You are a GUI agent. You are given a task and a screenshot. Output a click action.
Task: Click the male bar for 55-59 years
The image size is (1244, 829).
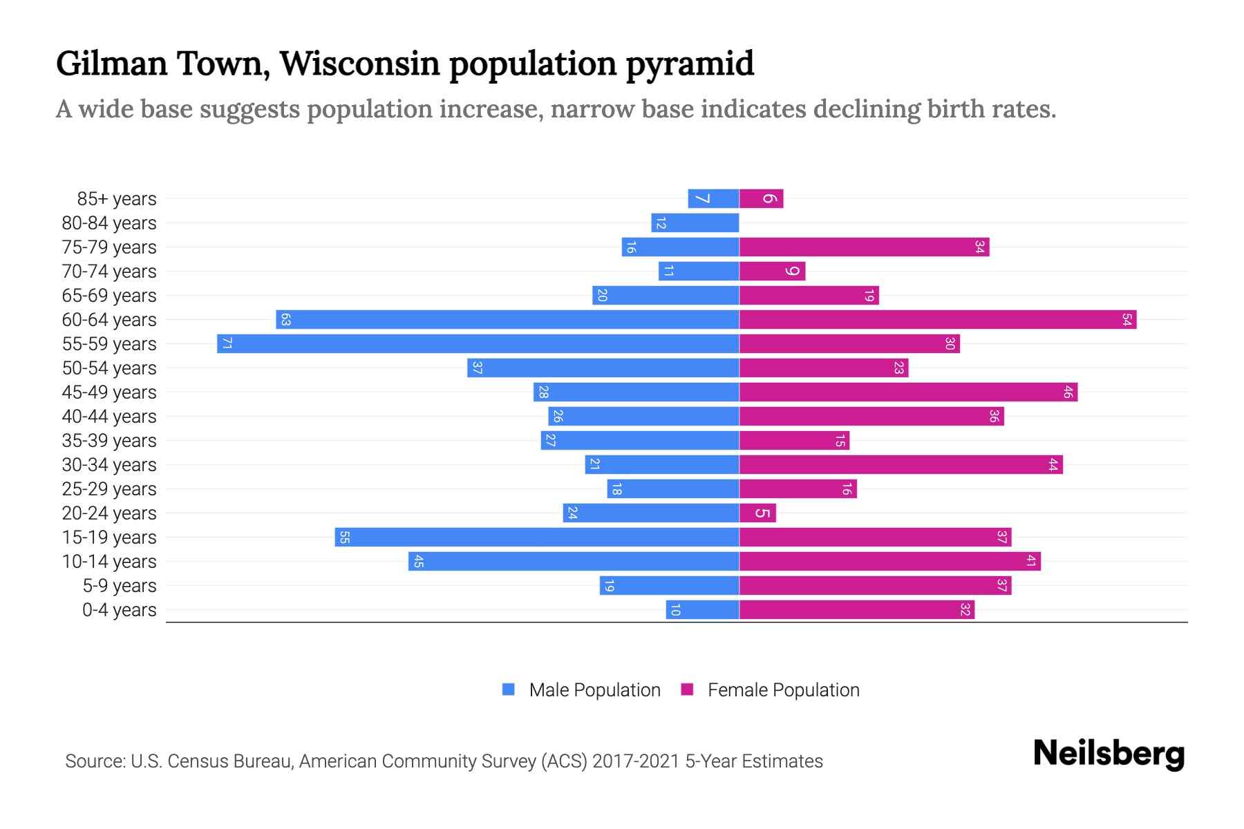pos(478,343)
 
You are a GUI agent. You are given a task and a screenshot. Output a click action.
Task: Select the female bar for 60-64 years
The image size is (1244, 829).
pos(938,319)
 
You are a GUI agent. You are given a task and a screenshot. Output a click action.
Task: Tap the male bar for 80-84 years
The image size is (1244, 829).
pos(695,222)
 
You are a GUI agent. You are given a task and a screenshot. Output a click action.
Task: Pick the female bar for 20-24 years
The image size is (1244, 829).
pos(757,513)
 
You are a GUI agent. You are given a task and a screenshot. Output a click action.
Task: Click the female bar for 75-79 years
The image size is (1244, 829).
pos(864,247)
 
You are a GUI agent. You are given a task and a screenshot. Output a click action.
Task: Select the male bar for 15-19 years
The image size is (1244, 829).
pos(537,537)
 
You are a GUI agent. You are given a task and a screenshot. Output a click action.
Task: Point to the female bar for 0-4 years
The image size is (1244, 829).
pos(857,609)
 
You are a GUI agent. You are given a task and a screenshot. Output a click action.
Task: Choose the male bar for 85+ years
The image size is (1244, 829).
pos(713,198)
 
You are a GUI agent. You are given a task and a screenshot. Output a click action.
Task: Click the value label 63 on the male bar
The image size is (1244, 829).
pos(285,319)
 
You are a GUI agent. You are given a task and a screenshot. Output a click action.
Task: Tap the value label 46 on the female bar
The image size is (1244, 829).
pos(1068,392)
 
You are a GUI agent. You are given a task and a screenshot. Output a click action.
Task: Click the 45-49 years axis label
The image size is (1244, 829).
pos(109,392)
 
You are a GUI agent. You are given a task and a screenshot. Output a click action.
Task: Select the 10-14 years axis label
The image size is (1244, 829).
pos(109,561)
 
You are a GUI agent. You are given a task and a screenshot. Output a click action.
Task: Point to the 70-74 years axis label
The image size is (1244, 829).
pos(109,271)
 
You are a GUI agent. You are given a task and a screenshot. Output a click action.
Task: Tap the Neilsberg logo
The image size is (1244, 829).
pos(1109,754)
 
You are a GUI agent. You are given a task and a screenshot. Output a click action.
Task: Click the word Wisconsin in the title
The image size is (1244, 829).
pos(359,64)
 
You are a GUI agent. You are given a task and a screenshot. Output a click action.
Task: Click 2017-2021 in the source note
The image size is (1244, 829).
pos(636,761)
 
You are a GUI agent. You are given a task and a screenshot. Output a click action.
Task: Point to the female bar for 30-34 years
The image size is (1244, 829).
pos(901,464)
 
